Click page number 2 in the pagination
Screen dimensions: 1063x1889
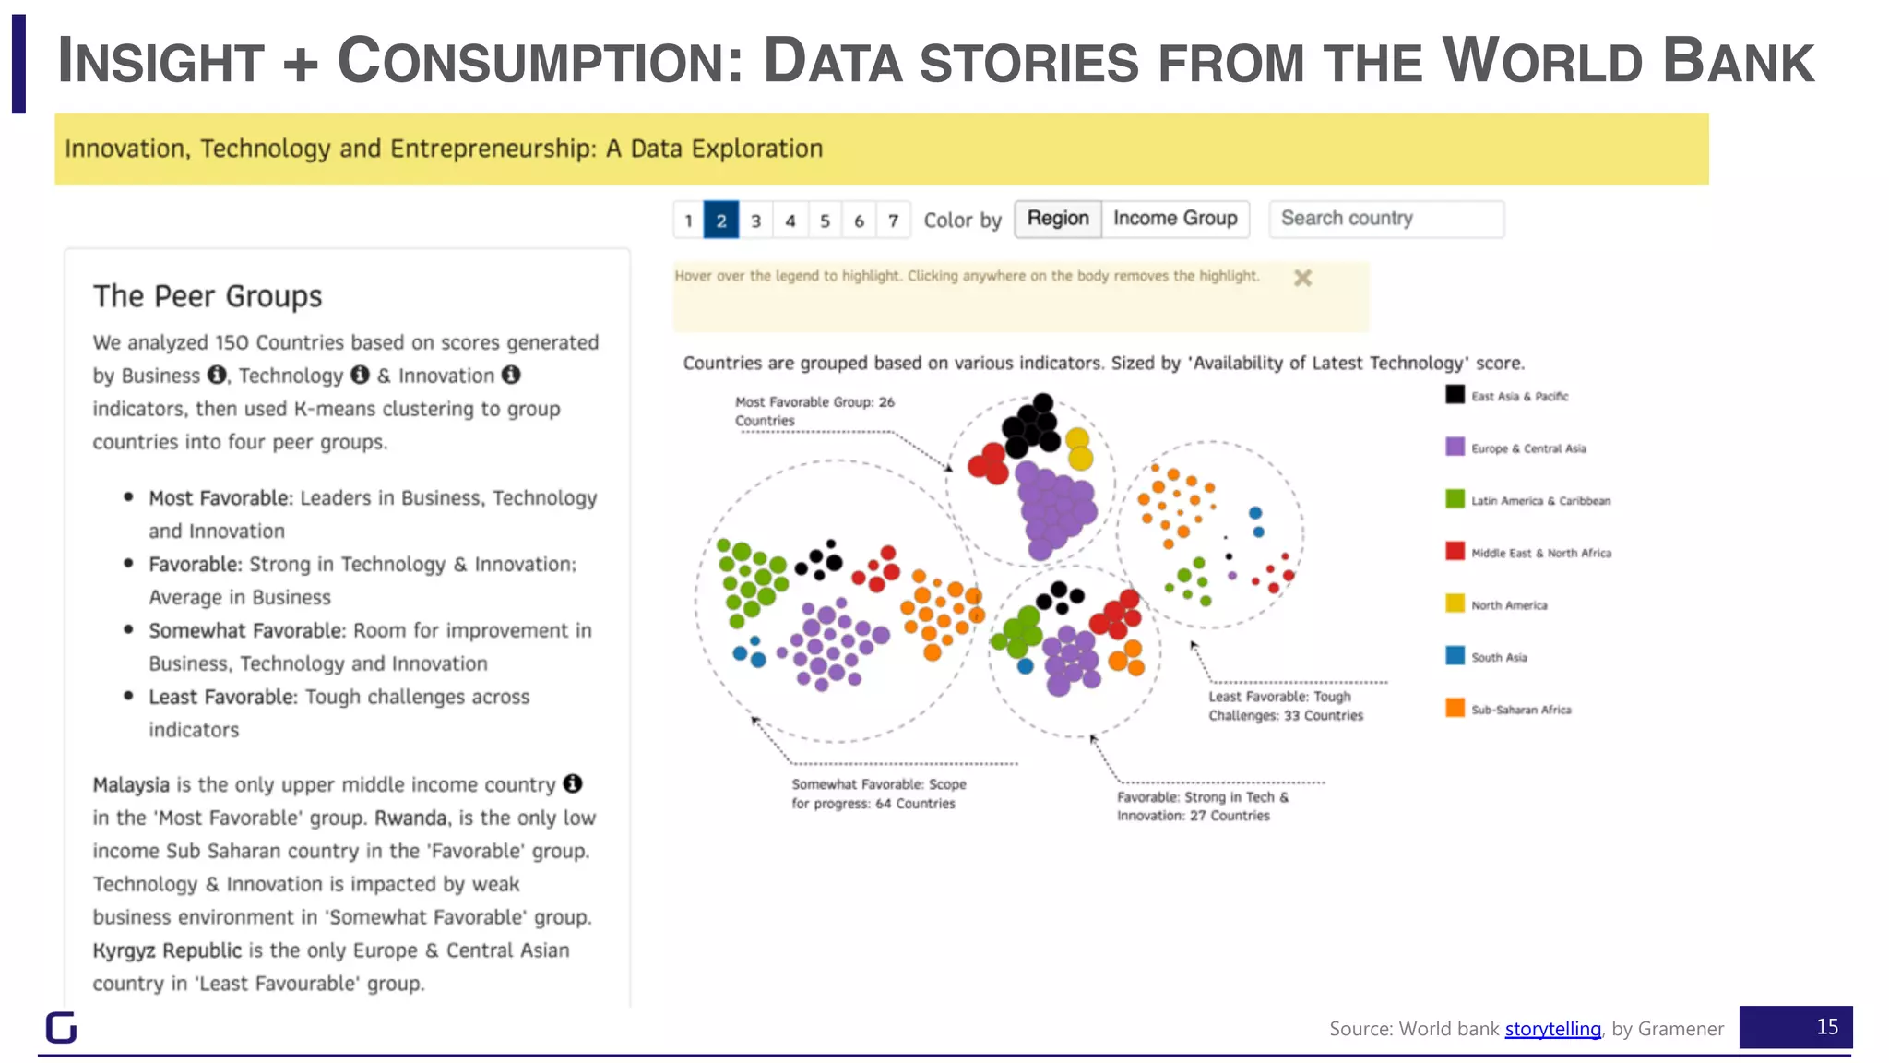pyautogui.click(x=720, y=221)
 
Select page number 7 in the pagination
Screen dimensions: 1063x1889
pyautogui.click(x=893, y=221)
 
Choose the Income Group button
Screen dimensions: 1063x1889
pyautogui.click(x=1174, y=219)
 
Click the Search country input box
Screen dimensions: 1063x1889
pyautogui.click(x=1385, y=219)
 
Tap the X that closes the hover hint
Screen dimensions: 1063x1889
pyautogui.click(x=1301, y=278)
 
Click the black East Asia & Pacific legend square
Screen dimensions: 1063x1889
pyautogui.click(x=1455, y=395)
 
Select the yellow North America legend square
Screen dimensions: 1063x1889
pyautogui.click(x=1455, y=603)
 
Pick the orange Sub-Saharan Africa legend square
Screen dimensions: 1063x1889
pyautogui.click(x=1455, y=708)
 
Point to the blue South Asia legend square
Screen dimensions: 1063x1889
pyautogui.click(x=1455, y=656)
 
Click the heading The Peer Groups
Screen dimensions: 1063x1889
pyautogui.click(x=208, y=296)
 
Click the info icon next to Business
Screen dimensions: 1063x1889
pyautogui.click(x=217, y=375)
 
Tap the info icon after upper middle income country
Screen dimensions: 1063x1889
pyautogui.click(x=573, y=783)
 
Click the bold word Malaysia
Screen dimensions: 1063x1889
pyautogui.click(x=131, y=785)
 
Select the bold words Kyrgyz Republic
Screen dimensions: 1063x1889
pyautogui.click(x=167, y=950)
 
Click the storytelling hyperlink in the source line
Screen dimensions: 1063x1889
pyautogui.click(x=1552, y=1029)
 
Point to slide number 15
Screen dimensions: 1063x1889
pyautogui.click(x=1826, y=1027)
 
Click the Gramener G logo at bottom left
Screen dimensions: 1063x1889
pyautogui.click(x=61, y=1027)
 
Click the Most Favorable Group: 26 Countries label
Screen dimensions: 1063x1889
pyautogui.click(x=814, y=412)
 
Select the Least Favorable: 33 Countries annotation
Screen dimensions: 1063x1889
pyautogui.click(x=1285, y=706)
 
